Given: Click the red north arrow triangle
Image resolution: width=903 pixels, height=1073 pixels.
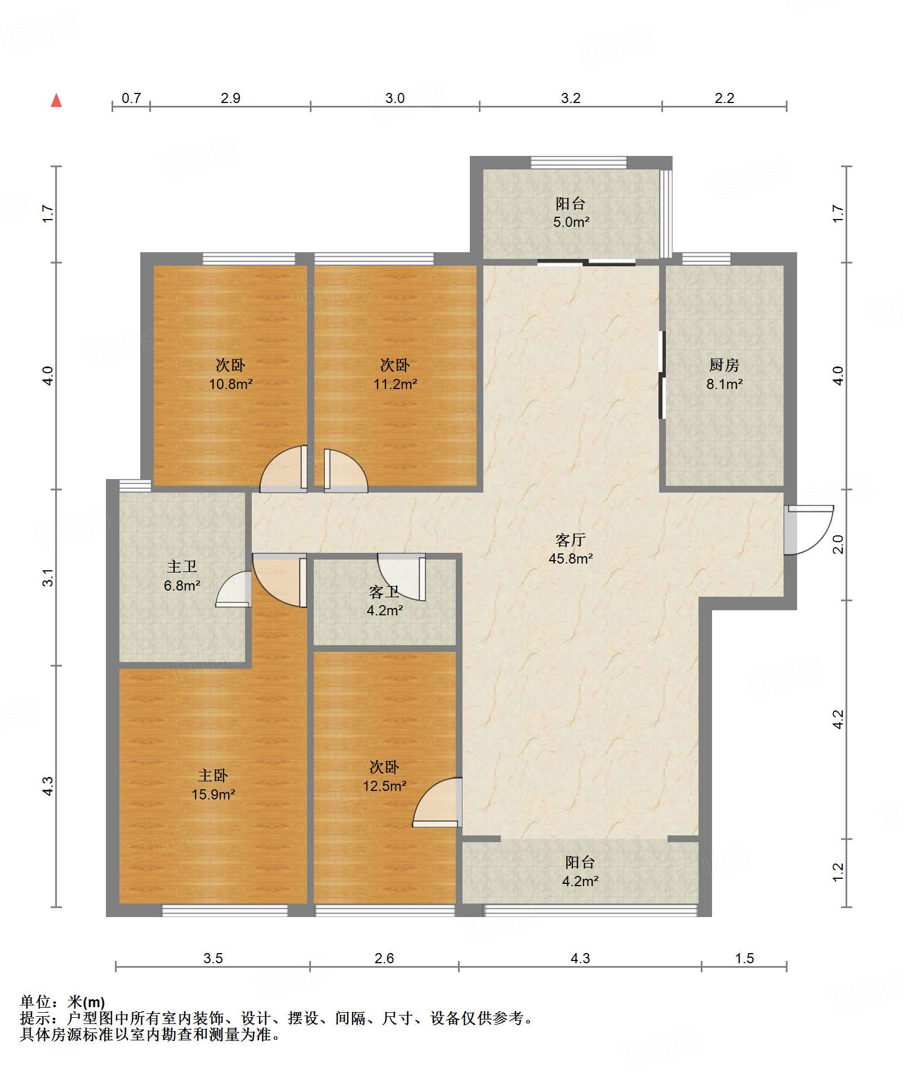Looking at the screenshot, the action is click(x=56, y=101).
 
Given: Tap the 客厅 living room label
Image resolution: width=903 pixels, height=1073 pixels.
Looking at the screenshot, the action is click(x=571, y=540).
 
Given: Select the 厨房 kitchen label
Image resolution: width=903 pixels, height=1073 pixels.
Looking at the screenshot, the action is click(x=724, y=365).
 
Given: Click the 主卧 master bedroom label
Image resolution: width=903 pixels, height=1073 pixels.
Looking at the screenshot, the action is click(x=213, y=776).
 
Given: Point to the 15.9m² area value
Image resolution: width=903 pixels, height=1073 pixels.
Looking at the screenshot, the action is click(x=213, y=794).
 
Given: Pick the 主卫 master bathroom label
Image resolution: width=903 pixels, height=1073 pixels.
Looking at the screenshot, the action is click(x=182, y=567).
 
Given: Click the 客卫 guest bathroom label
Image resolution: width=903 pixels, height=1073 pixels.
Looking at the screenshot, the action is click(x=384, y=592).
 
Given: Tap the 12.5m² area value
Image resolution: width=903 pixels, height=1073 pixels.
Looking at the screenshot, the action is click(x=384, y=786).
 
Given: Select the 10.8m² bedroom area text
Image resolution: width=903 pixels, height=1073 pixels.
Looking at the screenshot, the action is click(x=230, y=385).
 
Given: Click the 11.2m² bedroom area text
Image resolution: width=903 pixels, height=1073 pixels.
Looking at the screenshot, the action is click(x=395, y=385).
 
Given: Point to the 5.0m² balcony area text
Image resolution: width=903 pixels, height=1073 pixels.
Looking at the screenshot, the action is click(x=571, y=222).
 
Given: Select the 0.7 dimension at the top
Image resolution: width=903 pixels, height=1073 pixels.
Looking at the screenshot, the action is click(x=131, y=99).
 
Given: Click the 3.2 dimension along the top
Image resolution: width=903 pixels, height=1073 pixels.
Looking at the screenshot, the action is click(x=571, y=99).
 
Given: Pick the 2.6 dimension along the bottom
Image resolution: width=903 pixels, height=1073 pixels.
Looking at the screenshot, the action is click(x=384, y=958).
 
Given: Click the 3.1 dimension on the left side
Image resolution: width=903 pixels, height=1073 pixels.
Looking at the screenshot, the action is click(x=48, y=578).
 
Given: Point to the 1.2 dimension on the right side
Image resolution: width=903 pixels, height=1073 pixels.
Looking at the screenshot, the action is click(x=838, y=871).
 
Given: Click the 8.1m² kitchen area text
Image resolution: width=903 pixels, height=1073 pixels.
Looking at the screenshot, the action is click(x=724, y=385).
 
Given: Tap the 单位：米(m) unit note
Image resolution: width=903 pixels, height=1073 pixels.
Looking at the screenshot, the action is click(x=63, y=1002).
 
